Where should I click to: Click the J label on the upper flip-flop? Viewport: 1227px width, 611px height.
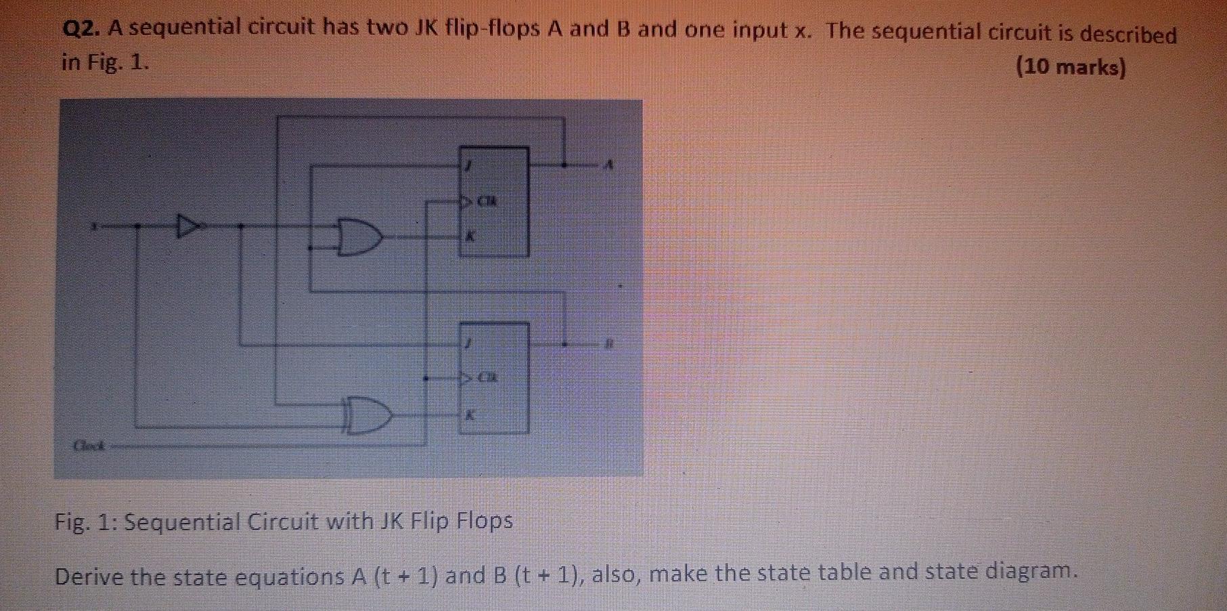coord(466,165)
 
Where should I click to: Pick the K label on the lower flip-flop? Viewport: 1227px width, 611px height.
coord(467,416)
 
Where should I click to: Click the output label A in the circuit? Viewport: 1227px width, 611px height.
coord(609,165)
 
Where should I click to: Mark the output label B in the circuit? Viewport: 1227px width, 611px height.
coord(608,344)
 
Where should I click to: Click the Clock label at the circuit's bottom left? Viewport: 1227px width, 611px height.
coord(87,446)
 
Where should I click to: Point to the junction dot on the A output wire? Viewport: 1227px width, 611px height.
coord(564,165)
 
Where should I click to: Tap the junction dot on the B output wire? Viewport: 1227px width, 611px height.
coord(564,344)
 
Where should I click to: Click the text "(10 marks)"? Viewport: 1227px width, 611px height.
coord(1071,68)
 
